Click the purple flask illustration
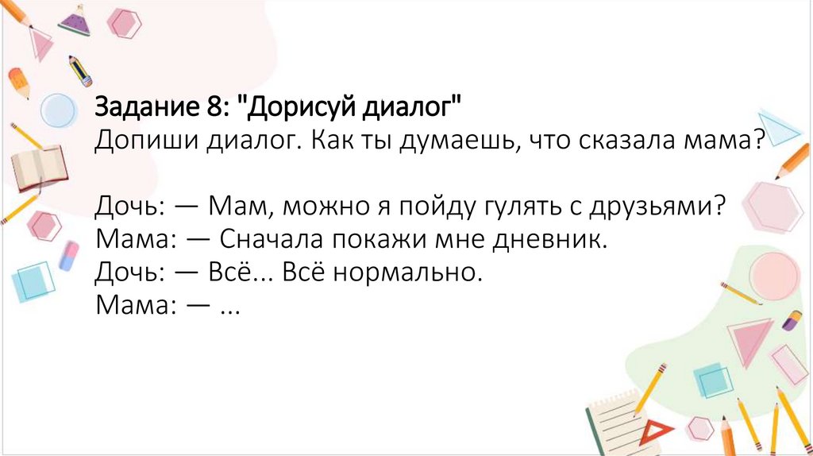click(75, 21)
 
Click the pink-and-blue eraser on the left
click(69, 256)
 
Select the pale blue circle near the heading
click(57, 110)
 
